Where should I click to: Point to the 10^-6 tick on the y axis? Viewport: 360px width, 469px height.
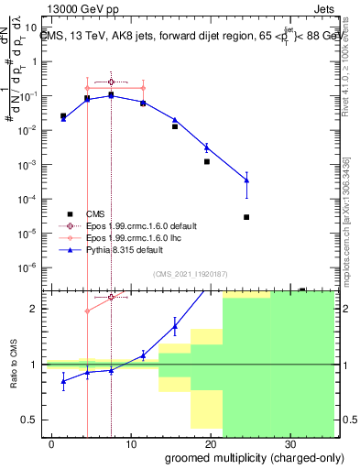click(x=29, y=267)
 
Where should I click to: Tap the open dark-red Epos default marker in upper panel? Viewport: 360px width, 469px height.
click(x=111, y=82)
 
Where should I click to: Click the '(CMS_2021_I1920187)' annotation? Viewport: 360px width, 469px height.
click(x=189, y=274)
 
